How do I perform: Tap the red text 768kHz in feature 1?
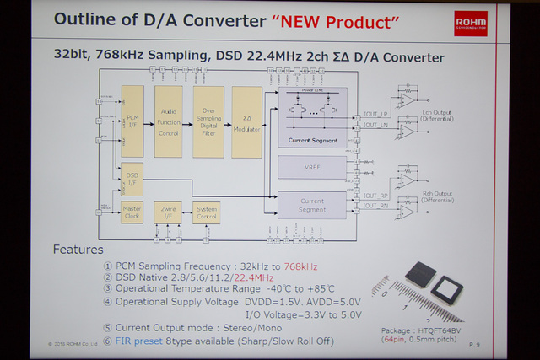[x=300, y=266]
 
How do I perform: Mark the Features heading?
[x=78, y=250]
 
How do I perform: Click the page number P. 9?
[x=475, y=344]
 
